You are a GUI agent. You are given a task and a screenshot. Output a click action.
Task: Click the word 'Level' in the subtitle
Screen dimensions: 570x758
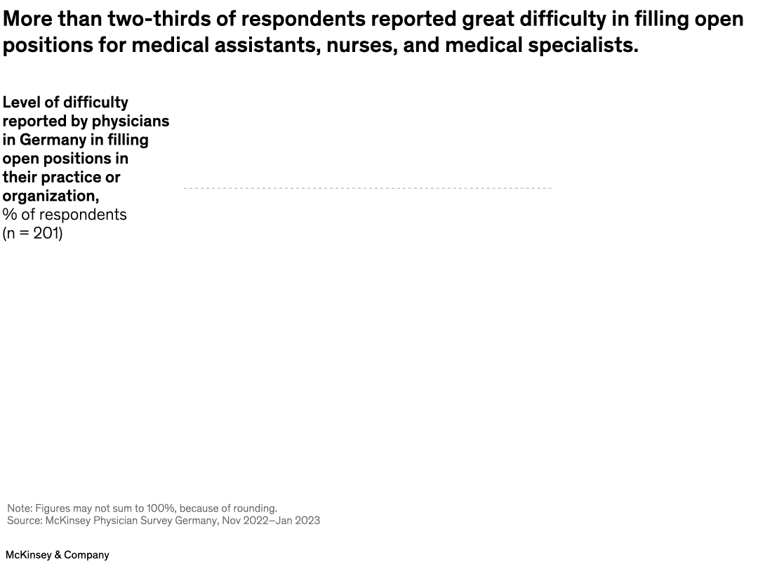[21, 102]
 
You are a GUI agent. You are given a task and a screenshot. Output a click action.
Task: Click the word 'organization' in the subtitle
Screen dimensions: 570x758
[48, 196]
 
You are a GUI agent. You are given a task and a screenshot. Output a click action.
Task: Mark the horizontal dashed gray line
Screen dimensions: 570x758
[367, 188]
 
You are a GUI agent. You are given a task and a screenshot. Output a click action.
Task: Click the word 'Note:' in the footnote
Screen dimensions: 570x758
[20, 508]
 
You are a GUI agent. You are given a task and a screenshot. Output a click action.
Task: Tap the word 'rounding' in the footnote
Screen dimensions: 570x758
[254, 508]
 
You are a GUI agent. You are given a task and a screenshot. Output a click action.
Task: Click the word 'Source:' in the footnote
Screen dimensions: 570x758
[25, 521]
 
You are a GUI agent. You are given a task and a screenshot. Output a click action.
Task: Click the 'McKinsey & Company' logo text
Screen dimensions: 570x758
[58, 555]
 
